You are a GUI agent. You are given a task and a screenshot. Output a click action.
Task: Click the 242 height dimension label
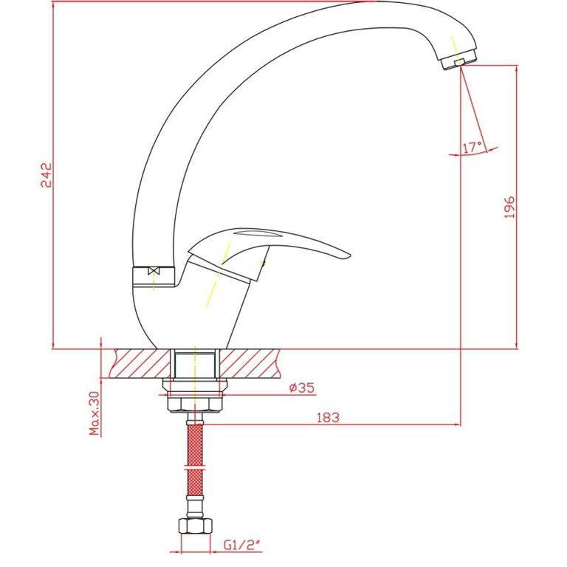point(46,175)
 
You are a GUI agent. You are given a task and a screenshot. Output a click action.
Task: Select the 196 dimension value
point(509,207)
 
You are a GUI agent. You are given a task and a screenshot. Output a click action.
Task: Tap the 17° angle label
point(472,147)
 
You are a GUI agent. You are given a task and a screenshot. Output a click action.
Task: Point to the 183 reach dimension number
point(328,418)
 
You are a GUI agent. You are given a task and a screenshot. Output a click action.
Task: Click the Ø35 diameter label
point(302,388)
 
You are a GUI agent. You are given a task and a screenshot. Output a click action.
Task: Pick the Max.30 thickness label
point(94,413)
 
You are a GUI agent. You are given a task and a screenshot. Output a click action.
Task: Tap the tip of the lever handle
point(349,255)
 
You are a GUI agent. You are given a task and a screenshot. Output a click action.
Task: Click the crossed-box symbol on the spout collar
point(154,271)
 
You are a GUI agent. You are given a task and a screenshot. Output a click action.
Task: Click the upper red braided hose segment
point(195,444)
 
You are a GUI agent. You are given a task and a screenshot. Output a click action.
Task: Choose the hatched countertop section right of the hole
point(250,363)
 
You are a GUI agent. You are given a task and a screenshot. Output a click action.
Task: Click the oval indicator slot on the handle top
point(258,233)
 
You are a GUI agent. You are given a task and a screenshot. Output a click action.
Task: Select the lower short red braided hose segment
point(195,482)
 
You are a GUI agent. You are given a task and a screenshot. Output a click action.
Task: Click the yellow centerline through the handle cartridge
point(218,275)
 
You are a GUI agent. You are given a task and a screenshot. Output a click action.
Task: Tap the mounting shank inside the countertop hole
point(195,365)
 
